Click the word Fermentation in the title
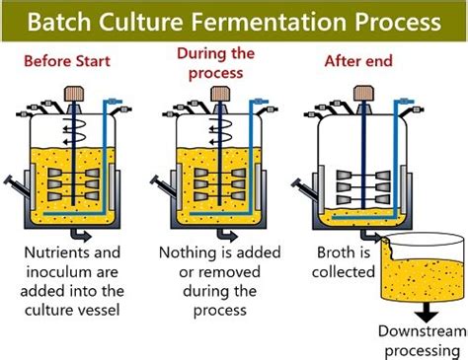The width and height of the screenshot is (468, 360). coord(268,22)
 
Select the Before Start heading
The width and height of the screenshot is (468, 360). coord(67,61)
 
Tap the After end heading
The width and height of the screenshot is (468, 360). coord(358,61)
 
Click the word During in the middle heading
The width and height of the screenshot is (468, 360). coord(199,53)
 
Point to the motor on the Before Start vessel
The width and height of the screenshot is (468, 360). coord(74,94)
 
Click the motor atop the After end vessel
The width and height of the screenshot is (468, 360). coord(363,93)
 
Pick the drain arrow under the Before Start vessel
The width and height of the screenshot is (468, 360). coord(81,235)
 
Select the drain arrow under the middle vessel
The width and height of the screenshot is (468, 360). coord(227,235)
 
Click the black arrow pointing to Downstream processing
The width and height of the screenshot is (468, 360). coord(427,312)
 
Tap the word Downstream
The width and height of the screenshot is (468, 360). coord(423,331)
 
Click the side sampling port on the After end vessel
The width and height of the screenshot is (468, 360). coord(304,189)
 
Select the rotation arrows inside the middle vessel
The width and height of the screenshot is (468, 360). coord(221,131)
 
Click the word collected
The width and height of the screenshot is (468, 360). coord(344,272)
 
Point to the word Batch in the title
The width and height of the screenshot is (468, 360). coord(59,22)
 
